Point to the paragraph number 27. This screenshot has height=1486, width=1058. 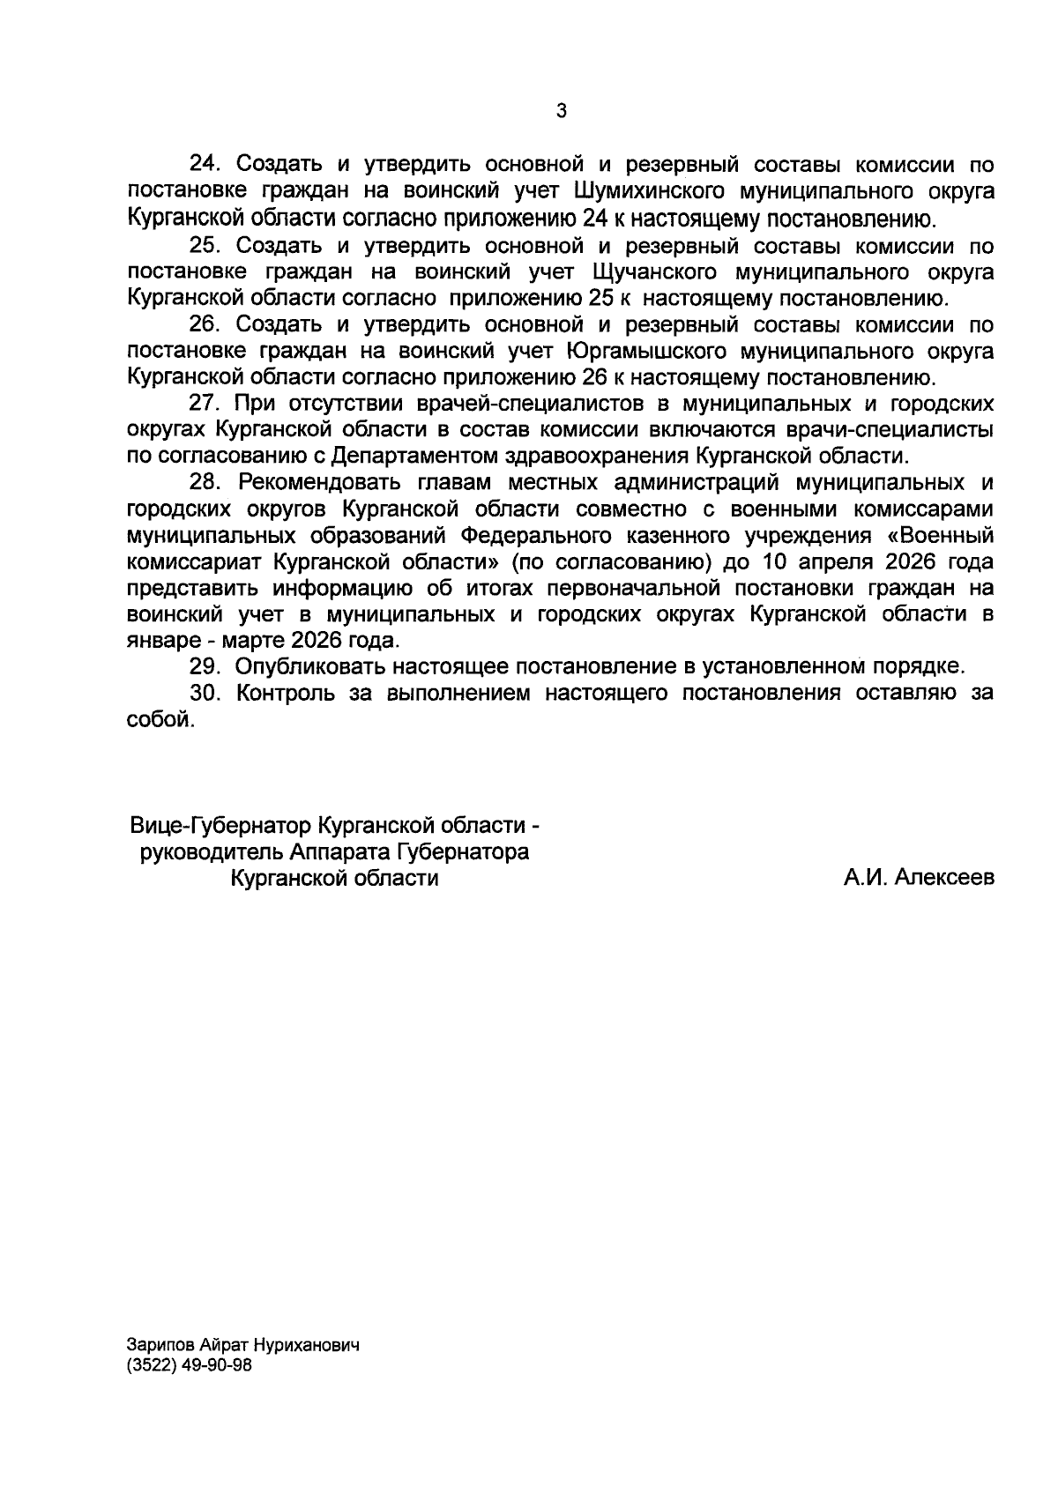coord(204,404)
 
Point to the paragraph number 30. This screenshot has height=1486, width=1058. coord(204,693)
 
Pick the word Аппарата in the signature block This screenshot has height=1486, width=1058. coord(335,852)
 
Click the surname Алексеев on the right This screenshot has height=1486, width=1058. coord(944,879)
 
